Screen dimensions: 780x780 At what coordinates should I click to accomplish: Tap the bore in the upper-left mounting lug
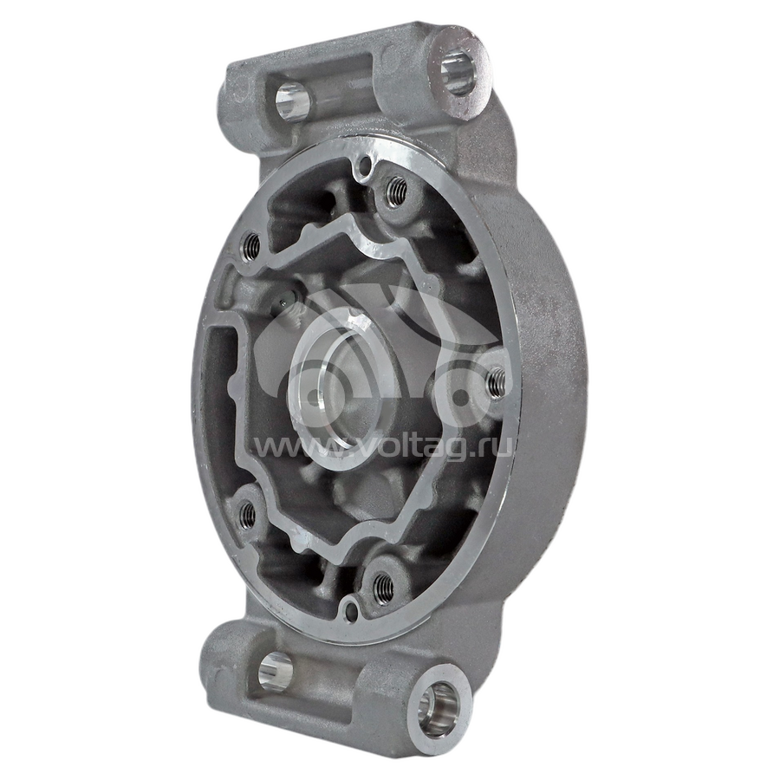tap(293, 103)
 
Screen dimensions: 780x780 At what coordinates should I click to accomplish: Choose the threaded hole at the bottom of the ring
tap(383, 588)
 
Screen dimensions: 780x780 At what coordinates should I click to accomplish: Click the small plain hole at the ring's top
tap(366, 162)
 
